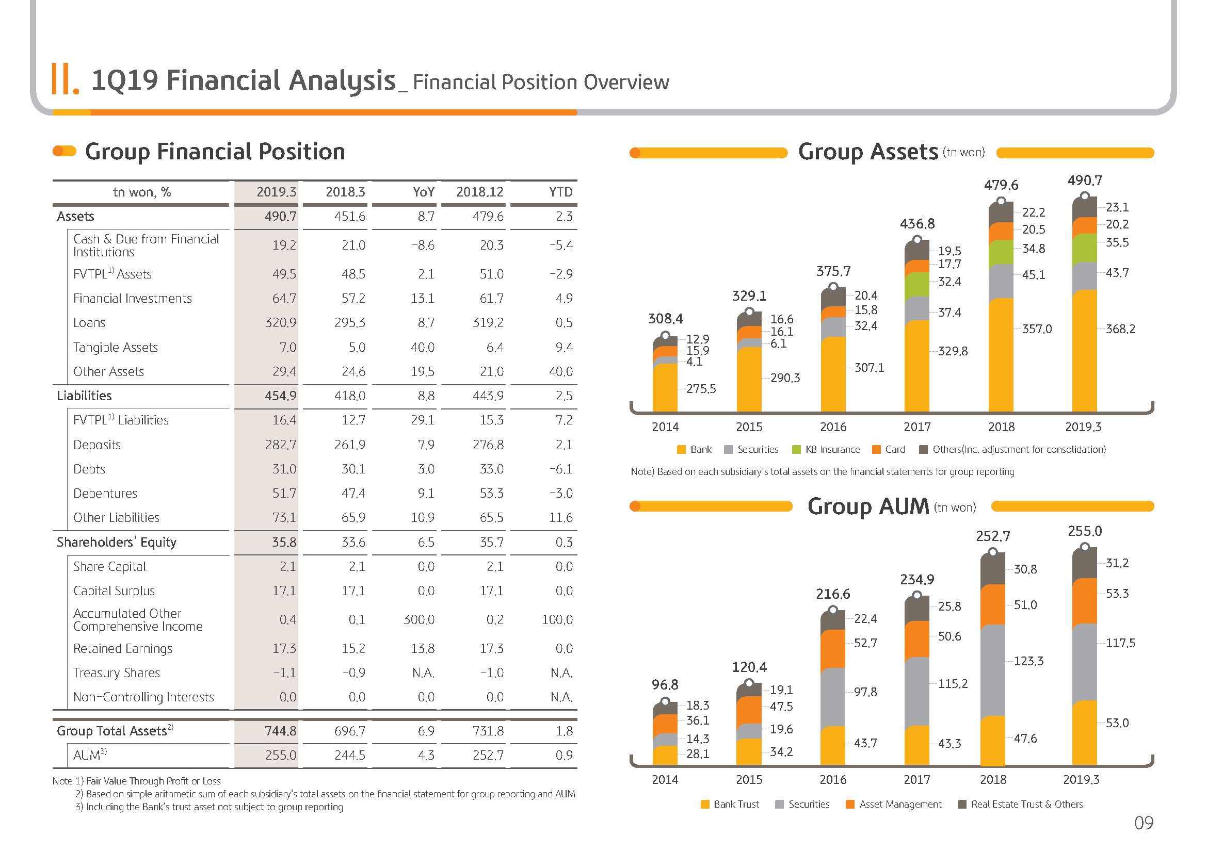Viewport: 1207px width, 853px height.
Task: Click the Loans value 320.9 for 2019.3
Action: pos(281,323)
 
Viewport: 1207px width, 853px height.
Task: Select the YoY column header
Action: pos(424,192)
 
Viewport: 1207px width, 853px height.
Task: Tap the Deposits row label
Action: pos(97,445)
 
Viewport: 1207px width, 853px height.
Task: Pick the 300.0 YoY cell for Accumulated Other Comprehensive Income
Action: pos(419,620)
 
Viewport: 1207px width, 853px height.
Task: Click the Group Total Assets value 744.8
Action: pos(281,731)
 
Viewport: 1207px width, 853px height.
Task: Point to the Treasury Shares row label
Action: pos(117,673)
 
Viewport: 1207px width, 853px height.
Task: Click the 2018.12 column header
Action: pos(480,192)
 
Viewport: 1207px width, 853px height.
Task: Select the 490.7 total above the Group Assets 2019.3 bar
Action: pos(1085,181)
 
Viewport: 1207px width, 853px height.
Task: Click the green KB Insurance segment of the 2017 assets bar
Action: pos(918,285)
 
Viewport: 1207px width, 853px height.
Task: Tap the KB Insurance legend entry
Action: pos(826,450)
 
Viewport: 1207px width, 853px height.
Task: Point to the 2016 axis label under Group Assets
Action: pos(833,427)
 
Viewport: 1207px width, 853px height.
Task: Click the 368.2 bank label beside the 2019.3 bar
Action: pos(1121,330)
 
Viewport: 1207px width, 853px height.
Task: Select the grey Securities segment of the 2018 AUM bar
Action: pos(993,671)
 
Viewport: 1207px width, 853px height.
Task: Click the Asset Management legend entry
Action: pos(894,804)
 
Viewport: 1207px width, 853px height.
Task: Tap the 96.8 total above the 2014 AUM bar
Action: pos(665,685)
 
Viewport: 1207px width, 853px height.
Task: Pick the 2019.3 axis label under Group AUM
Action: pos(1082,780)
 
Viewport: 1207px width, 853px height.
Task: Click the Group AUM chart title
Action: pos(892,506)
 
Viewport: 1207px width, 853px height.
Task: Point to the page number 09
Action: pos(1144,823)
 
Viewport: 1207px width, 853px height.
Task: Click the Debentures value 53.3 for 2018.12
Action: pos(492,494)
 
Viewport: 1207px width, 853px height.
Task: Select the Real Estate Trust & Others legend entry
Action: pos(1020,804)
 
